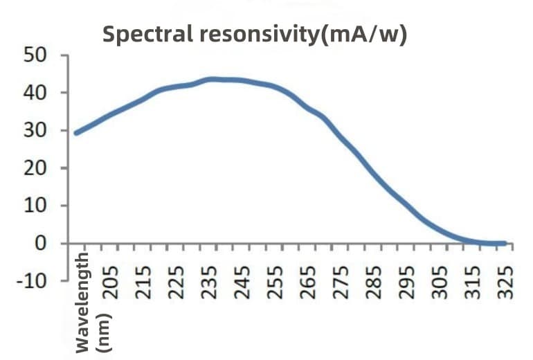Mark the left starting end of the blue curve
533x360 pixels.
[x=76, y=132]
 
